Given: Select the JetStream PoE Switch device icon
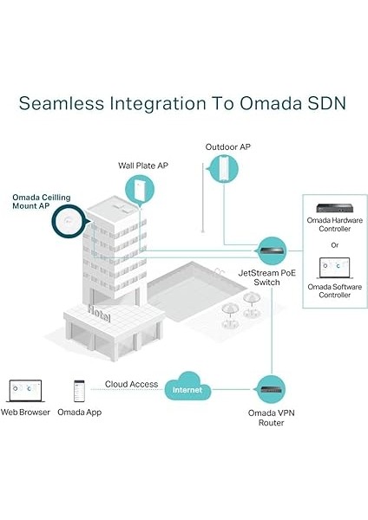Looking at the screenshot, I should coord(273,249).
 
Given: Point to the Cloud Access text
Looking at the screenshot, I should coord(131,383).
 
